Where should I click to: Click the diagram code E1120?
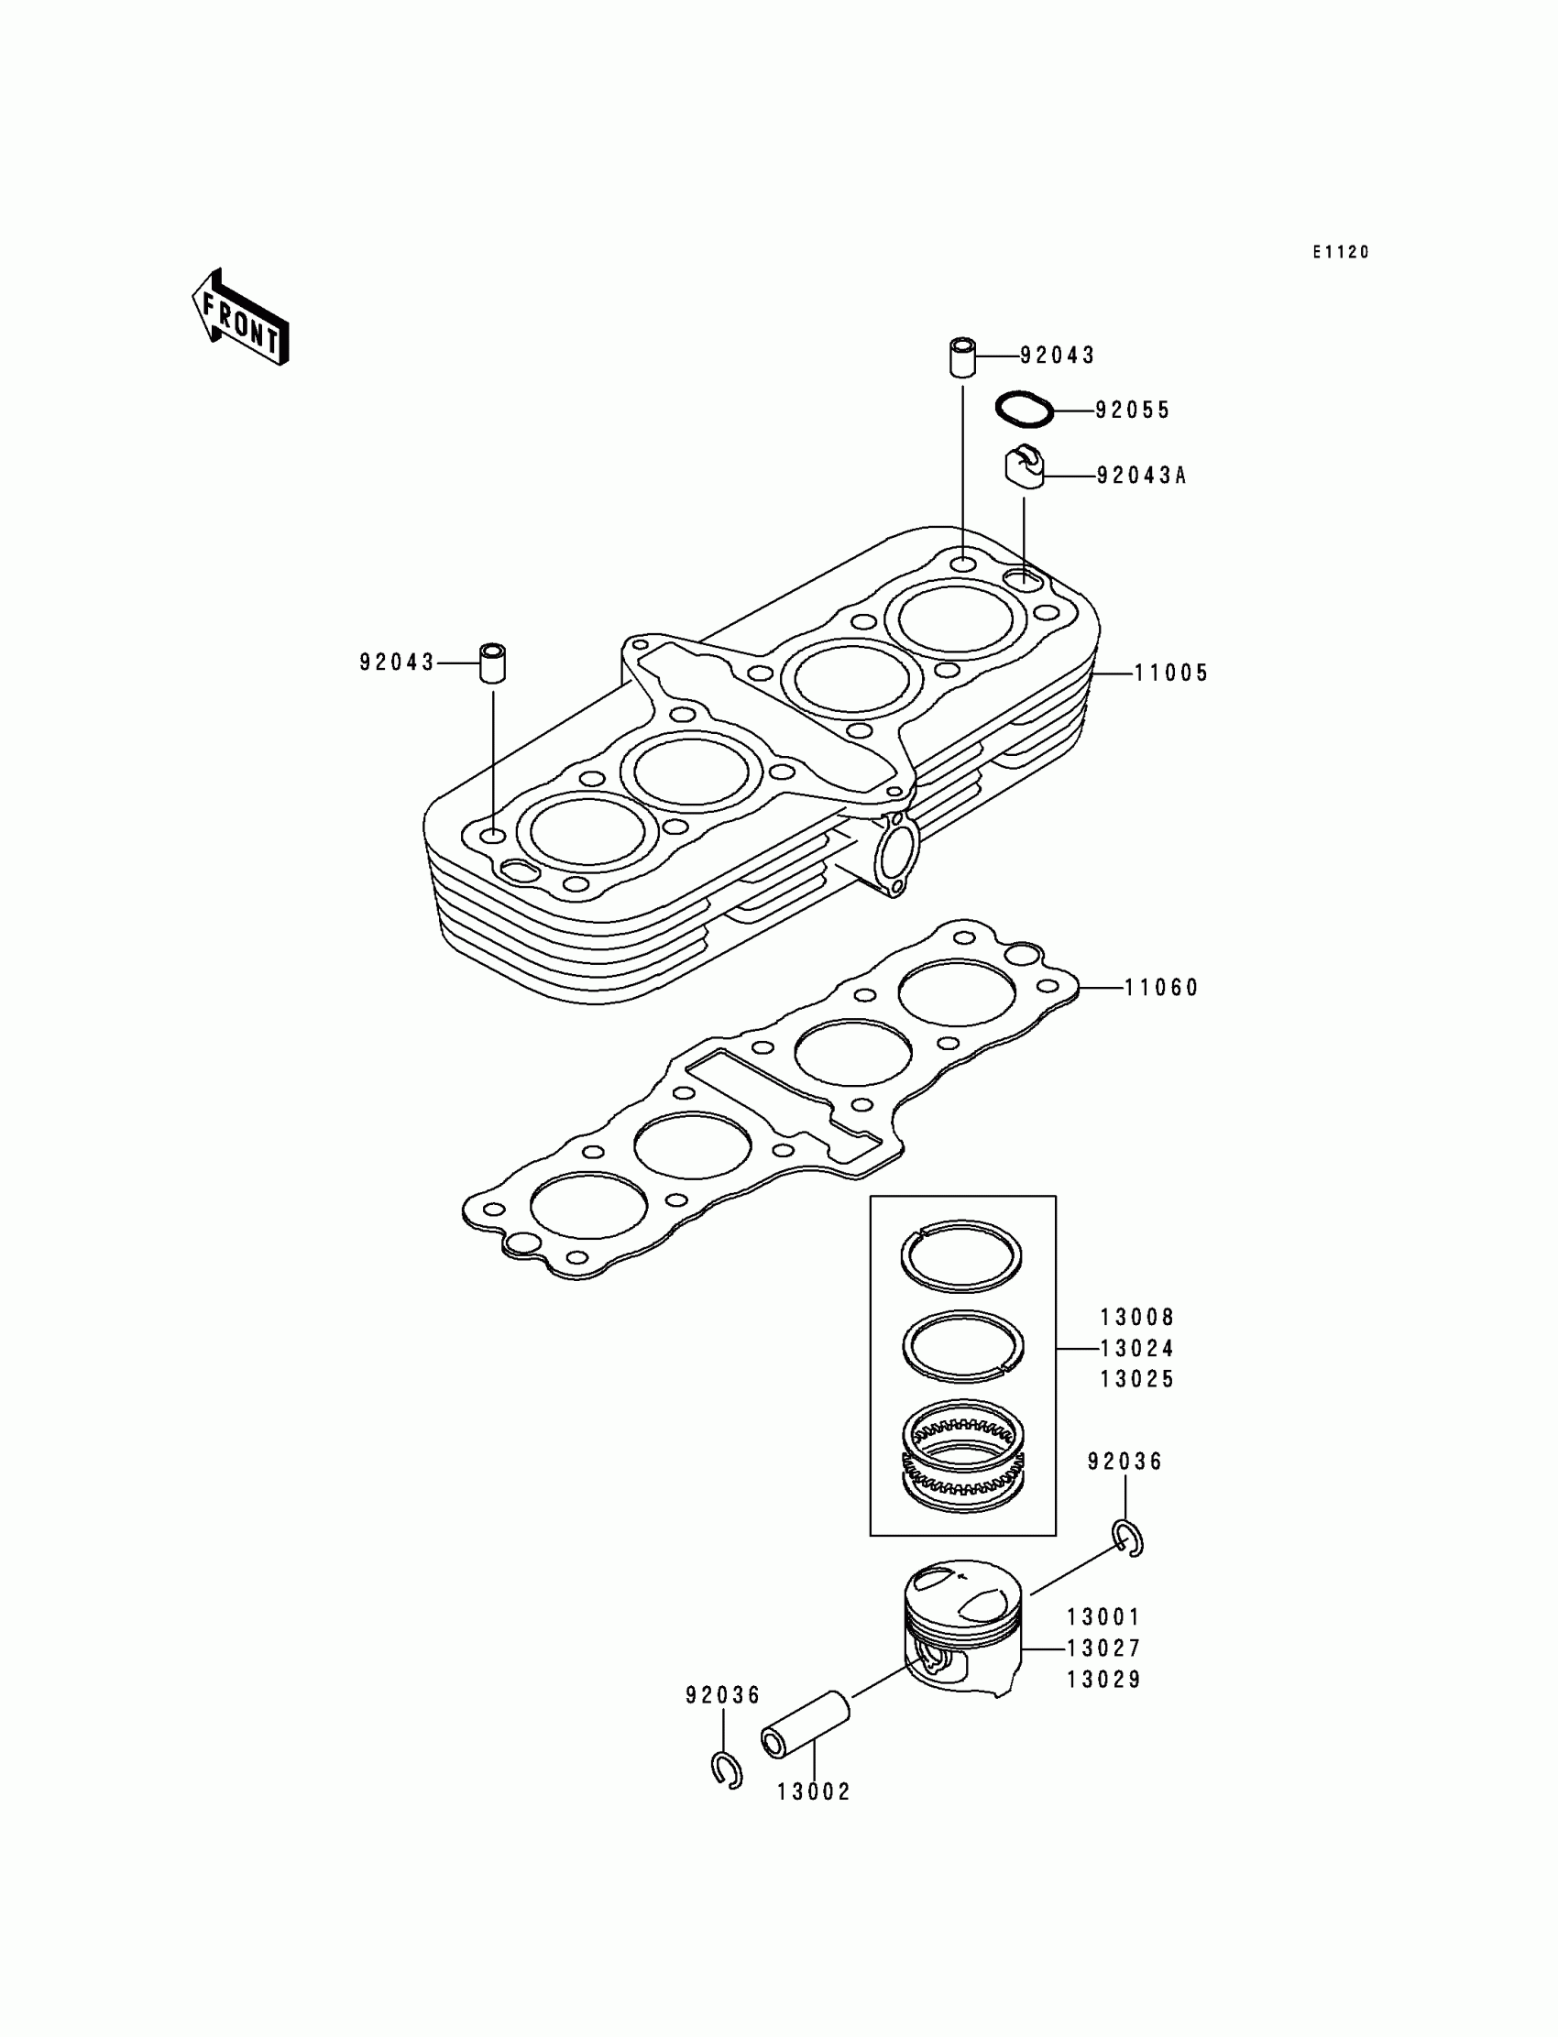[x=1340, y=252]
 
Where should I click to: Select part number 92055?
[x=1133, y=411]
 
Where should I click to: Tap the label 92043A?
[x=1141, y=476]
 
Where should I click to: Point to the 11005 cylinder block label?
[x=1171, y=674]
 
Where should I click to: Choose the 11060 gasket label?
[x=1162, y=989]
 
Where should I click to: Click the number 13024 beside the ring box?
[x=1137, y=1348]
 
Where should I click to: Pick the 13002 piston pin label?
[x=813, y=1792]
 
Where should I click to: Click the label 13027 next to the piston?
[x=1103, y=1648]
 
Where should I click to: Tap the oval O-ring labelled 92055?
[x=1025, y=410]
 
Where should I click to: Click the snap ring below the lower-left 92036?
[x=727, y=1771]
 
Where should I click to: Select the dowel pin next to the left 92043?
[x=493, y=662]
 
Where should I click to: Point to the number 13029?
[x=1103, y=1680]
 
